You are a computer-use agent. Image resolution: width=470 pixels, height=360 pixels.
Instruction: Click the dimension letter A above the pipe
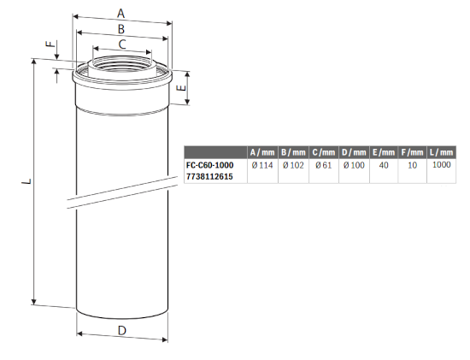[x=121, y=13]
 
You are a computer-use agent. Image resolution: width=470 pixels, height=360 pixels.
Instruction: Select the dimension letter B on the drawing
[x=121, y=28]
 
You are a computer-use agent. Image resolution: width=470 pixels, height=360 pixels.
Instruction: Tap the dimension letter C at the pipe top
[x=122, y=44]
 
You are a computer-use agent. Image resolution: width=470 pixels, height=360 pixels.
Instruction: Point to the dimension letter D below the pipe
[x=122, y=329]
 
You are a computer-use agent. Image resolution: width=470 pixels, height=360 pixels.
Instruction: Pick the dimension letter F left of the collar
[x=50, y=44]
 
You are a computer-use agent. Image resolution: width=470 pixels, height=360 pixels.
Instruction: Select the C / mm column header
[x=324, y=152]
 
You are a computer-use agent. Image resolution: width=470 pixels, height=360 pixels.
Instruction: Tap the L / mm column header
[x=440, y=152]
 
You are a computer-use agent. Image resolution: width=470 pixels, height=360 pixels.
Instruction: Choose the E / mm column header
[x=384, y=152]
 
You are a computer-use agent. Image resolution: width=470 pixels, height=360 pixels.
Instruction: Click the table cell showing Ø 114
[x=261, y=165]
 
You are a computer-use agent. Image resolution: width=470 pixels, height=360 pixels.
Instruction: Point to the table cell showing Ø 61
[x=324, y=165]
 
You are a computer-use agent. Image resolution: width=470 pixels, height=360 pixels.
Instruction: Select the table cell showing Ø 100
[x=355, y=165]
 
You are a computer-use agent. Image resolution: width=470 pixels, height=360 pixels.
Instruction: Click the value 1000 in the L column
[x=441, y=165]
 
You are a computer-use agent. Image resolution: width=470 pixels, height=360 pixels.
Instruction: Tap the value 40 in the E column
[x=384, y=165]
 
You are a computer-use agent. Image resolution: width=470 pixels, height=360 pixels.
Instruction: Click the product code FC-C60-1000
[x=209, y=165]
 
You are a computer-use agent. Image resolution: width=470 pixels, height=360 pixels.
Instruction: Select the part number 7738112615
[x=209, y=176]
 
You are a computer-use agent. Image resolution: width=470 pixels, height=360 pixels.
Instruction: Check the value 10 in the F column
[x=412, y=165]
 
